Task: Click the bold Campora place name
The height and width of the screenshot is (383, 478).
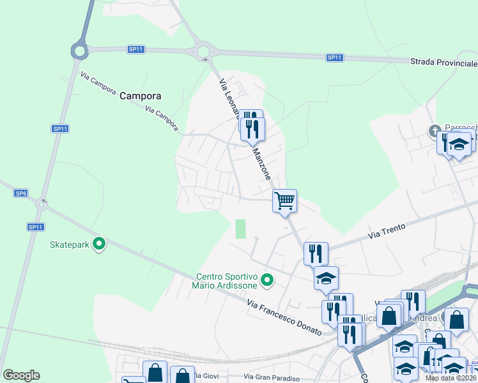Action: tap(140, 96)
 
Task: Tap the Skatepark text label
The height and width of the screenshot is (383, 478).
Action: tap(69, 244)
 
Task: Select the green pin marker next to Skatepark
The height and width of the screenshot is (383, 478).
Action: tap(99, 243)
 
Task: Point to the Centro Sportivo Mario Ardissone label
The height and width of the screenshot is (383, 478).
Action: tap(226, 281)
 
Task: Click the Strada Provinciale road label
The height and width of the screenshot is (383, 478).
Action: tap(443, 63)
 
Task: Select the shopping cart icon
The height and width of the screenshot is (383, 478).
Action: tap(284, 200)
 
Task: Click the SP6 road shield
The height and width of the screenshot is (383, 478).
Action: tap(21, 193)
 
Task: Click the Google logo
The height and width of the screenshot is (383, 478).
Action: tap(21, 375)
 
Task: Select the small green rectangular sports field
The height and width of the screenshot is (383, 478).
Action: tap(240, 229)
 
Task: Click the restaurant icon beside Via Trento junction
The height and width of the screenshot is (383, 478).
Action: tap(316, 254)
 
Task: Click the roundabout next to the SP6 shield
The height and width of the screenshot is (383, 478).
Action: tap(42, 205)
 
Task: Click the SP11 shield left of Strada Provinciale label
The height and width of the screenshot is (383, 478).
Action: tap(335, 57)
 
